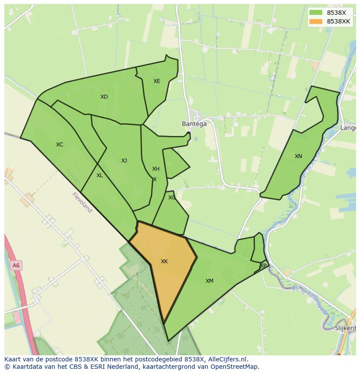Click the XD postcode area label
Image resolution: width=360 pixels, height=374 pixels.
coord(104,97)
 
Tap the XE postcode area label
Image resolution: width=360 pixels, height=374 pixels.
coord(157,81)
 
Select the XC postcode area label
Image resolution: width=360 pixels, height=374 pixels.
coord(60,145)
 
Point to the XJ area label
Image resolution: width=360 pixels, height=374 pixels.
coord(124,161)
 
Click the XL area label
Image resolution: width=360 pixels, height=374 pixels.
coord(100,175)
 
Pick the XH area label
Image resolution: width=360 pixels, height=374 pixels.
coord(156,169)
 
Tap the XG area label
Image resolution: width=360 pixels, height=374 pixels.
coord(172,198)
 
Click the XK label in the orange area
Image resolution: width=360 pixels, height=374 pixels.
coord(164,261)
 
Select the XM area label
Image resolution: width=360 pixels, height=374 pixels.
coord(210,281)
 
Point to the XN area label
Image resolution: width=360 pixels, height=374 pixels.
coord(298,156)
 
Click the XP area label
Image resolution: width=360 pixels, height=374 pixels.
coord(263,265)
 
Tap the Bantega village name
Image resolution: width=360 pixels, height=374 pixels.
coord(194,124)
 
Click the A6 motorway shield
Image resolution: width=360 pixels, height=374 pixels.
coord(16,265)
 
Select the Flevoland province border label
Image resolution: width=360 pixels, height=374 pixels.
coord(82,202)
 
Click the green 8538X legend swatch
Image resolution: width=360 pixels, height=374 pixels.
coord(316,13)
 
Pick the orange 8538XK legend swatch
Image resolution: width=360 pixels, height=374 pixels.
coord(316,21)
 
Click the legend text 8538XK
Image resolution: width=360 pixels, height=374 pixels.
coord(339,21)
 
